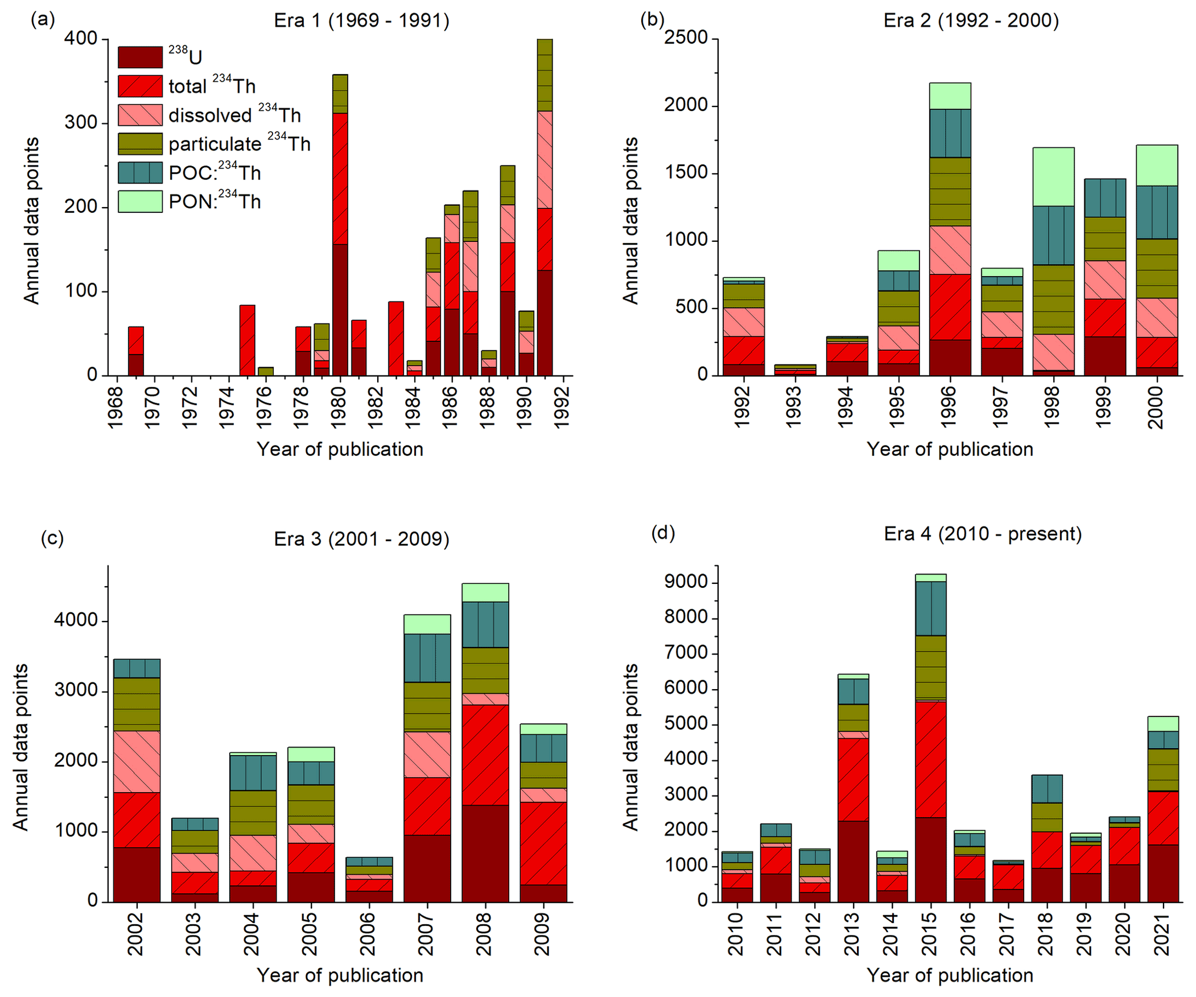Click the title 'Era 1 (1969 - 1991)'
(x=362, y=21)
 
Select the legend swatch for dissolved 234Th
(x=140, y=115)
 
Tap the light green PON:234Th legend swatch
(x=140, y=201)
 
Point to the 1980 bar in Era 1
(x=340, y=226)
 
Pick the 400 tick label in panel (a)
(x=81, y=39)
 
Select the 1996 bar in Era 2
(x=950, y=231)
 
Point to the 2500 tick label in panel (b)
(x=686, y=38)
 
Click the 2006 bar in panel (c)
(x=369, y=880)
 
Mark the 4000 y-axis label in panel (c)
(x=75, y=621)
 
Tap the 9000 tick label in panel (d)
(x=686, y=582)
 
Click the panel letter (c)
(x=52, y=538)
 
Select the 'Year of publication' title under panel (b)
(x=950, y=450)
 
